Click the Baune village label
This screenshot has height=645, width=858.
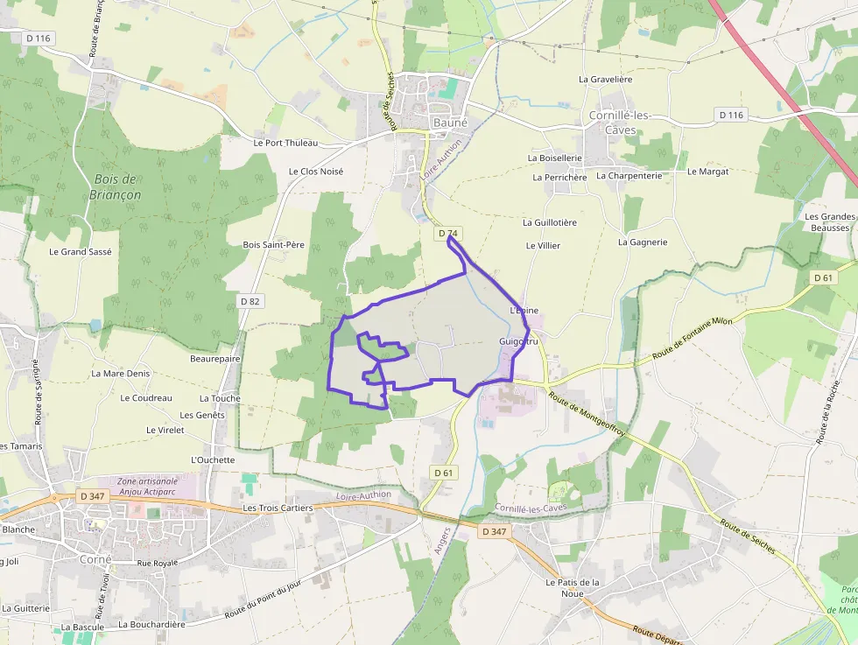coord(450,123)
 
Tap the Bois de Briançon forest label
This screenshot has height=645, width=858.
coord(115,186)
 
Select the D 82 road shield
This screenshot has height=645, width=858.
coord(250,301)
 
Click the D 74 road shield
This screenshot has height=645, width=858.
coord(447,234)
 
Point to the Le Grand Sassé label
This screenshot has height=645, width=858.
coord(81,251)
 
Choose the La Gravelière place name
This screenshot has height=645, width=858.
coord(606,79)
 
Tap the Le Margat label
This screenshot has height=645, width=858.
coord(707,172)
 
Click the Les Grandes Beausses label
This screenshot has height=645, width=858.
coord(829,222)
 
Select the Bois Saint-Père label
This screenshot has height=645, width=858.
coord(273,245)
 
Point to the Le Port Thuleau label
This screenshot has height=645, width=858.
coord(285,143)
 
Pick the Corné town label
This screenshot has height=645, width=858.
coord(95,559)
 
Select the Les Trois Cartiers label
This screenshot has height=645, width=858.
coord(277,508)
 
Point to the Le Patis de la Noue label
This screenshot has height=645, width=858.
coord(572,588)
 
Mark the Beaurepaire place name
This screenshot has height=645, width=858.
coord(214,359)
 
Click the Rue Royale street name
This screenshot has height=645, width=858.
coord(157,563)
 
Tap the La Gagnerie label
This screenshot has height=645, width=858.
coord(643,242)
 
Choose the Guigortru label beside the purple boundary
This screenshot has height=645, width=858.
coord(517,340)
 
